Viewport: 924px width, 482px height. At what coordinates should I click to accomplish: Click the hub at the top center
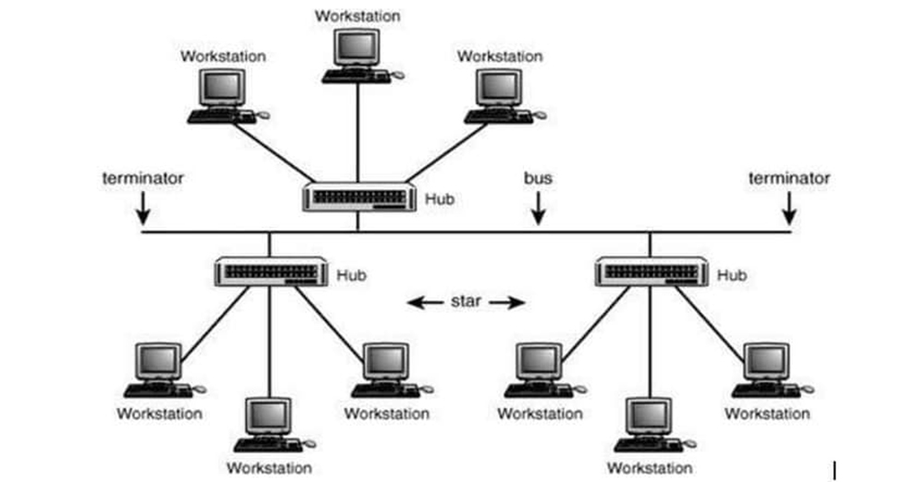pyautogui.click(x=358, y=197)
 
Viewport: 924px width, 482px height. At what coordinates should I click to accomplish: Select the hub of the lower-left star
pyautogui.click(x=270, y=271)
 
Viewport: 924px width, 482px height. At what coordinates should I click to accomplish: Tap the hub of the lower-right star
pyautogui.click(x=650, y=271)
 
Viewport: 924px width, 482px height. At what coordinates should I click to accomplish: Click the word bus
pyautogui.click(x=538, y=178)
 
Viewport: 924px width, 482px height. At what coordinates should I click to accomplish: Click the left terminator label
pyautogui.click(x=142, y=178)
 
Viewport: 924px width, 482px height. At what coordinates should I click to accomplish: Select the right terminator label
pyautogui.click(x=789, y=178)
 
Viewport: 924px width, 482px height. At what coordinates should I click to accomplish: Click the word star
pyautogui.click(x=466, y=301)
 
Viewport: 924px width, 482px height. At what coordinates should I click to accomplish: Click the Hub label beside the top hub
pyautogui.click(x=439, y=198)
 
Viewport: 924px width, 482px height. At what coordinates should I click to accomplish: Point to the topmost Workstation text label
pyautogui.click(x=358, y=16)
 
